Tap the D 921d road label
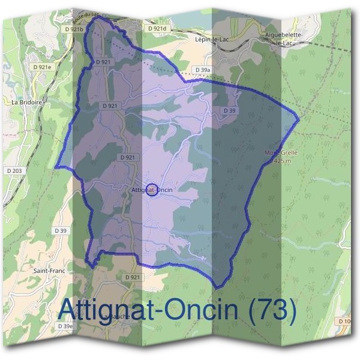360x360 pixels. pos(156,28)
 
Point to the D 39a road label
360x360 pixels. pos(203,70)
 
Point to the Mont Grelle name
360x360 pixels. pos(281,152)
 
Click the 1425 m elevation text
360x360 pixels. pos(282,161)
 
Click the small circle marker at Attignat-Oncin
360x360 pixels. pos(152,190)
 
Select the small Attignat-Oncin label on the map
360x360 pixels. pos(151,190)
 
